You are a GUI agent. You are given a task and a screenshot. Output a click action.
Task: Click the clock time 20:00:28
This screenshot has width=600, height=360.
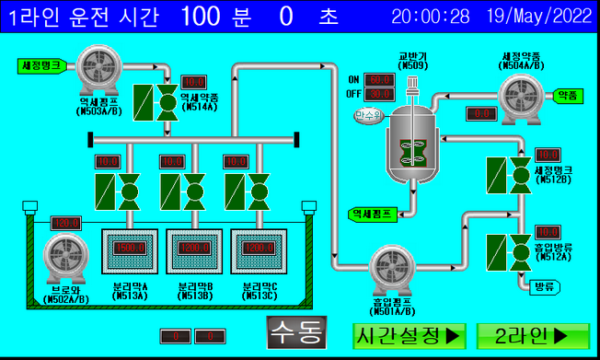pos(430,16)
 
